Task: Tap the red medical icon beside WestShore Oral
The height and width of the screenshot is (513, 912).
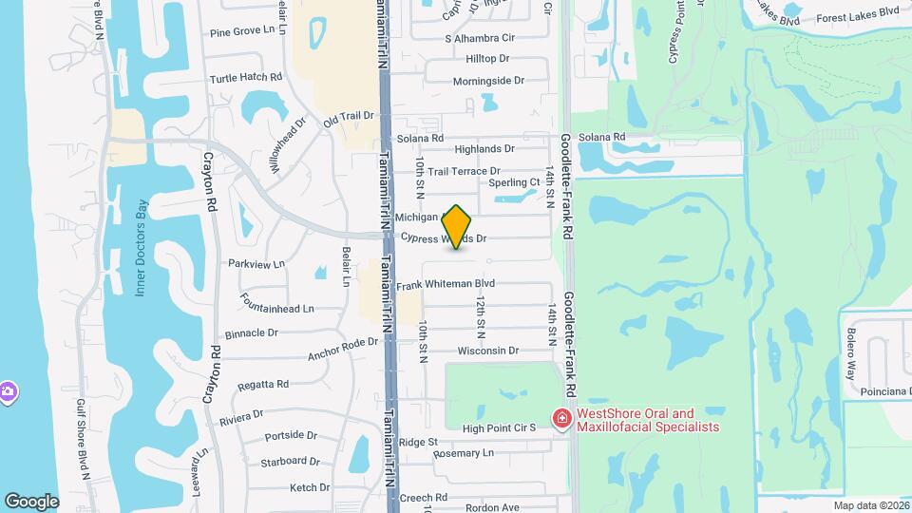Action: click(x=562, y=419)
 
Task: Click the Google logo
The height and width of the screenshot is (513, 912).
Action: click(x=31, y=501)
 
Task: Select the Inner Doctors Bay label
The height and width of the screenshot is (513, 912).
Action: click(x=142, y=247)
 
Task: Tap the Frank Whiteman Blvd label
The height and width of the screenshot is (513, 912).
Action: click(x=446, y=283)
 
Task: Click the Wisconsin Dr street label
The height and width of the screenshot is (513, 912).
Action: click(x=487, y=351)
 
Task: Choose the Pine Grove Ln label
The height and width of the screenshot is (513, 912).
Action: click(x=248, y=31)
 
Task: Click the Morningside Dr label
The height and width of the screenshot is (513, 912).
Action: click(x=488, y=81)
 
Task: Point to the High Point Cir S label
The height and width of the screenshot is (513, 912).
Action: click(x=500, y=427)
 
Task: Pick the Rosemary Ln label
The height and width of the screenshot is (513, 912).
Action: click(x=463, y=453)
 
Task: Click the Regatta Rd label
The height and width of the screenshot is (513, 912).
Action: click(x=263, y=384)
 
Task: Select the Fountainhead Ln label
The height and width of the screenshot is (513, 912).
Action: click(x=277, y=309)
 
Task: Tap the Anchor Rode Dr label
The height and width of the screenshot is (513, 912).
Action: click(x=342, y=350)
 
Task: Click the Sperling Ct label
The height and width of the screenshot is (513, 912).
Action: click(x=514, y=182)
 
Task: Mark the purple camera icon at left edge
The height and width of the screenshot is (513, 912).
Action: click(x=7, y=391)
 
